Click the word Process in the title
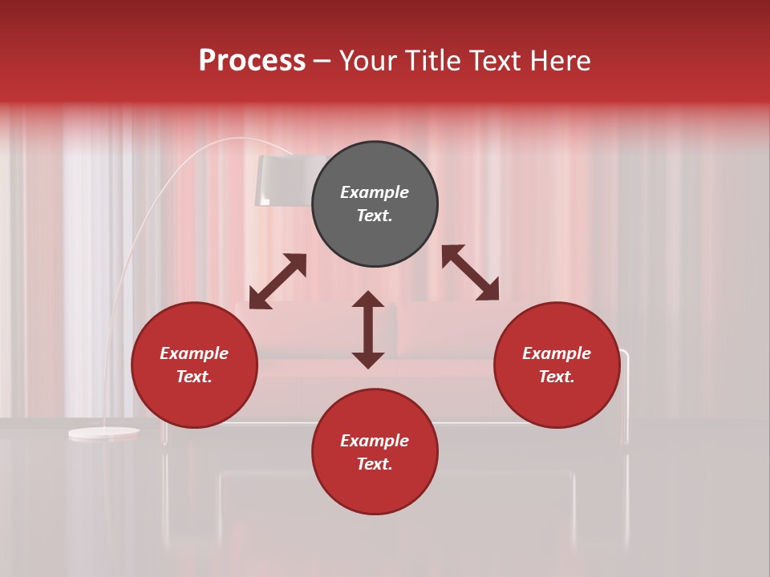point(252,61)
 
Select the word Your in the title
point(368,61)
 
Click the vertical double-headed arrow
point(368,329)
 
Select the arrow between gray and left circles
point(278,281)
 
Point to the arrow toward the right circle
point(470,272)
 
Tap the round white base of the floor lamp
point(103,434)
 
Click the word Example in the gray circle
point(375,192)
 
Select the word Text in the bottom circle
point(375,464)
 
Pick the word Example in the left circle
point(194,353)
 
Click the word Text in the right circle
point(557,377)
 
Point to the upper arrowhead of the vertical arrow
point(368,300)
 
